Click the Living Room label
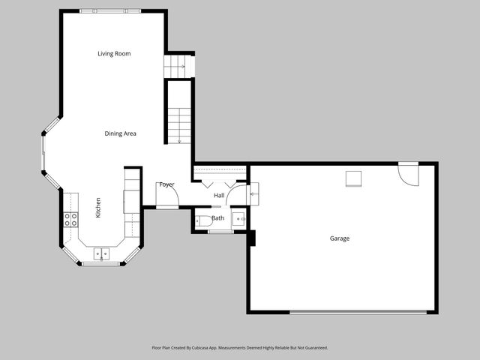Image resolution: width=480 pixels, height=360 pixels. (x=114, y=54)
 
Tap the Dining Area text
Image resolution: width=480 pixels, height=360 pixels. (x=120, y=133)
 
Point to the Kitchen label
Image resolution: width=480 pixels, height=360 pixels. (x=97, y=208)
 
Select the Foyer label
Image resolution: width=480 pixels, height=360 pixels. (x=166, y=184)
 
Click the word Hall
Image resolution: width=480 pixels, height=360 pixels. (x=219, y=196)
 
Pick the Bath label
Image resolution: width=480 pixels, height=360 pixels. (x=217, y=218)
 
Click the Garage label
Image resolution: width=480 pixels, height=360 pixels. (x=340, y=238)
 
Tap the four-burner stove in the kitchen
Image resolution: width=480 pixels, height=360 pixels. (x=70, y=219)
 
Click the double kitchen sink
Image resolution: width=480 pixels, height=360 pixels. (x=100, y=254)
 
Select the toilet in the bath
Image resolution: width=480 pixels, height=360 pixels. (x=203, y=220)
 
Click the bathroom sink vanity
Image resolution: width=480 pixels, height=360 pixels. (x=238, y=218)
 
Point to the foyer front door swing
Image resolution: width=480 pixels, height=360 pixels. (x=168, y=196)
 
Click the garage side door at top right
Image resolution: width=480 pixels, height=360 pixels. (x=408, y=173)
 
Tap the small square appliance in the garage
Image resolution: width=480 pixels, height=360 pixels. (x=353, y=178)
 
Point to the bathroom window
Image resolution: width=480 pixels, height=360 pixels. (x=220, y=232)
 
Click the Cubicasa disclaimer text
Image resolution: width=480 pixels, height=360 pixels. (x=239, y=348)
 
